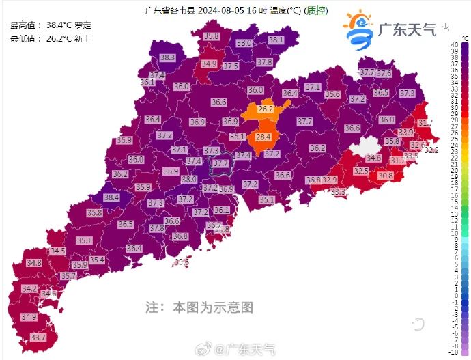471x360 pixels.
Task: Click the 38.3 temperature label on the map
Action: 167,57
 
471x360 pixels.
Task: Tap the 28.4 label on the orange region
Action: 263,137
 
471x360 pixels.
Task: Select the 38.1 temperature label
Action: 276,40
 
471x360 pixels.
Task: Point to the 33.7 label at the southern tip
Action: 38,337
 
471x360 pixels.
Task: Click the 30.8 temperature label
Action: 386,176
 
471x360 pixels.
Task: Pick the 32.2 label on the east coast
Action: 431,150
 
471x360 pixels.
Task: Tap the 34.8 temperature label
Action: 33,262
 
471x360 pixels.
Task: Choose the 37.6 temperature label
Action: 384,73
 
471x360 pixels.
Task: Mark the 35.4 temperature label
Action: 96,260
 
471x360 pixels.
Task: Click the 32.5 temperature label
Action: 361,171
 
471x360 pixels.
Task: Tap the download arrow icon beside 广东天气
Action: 446,27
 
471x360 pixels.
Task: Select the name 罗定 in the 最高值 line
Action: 83,25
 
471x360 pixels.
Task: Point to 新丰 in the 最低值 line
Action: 83,38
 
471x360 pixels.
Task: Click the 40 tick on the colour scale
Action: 455,45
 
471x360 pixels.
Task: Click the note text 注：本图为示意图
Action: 199,307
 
